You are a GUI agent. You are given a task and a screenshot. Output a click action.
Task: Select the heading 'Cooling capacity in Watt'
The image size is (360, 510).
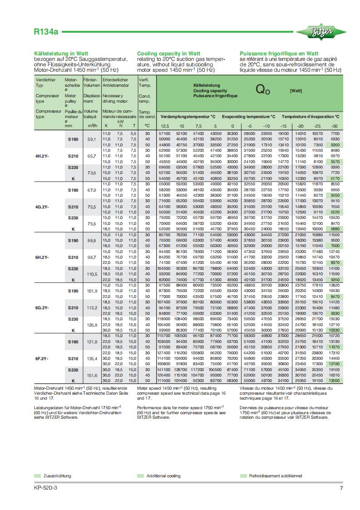click(x=168, y=53)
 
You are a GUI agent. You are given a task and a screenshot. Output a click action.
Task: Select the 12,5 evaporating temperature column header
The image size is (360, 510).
click(x=165, y=126)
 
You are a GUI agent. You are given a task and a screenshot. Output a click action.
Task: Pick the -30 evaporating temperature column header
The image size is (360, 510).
click(x=335, y=126)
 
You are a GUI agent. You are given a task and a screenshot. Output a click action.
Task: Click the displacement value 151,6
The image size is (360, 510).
click(x=92, y=375)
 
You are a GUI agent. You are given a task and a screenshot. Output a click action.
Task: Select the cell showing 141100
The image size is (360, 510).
click(x=165, y=370)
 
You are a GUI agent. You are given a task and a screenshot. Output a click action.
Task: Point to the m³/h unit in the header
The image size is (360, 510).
click(x=91, y=125)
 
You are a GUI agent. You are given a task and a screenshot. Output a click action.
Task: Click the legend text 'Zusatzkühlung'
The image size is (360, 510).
click(x=57, y=475)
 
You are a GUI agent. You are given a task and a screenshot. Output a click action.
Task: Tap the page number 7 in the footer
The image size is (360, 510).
click(x=341, y=488)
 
